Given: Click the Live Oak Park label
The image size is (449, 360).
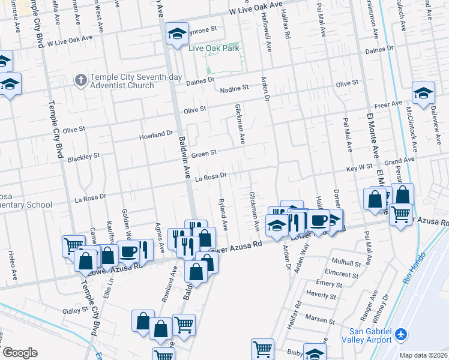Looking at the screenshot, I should [x=214, y=48].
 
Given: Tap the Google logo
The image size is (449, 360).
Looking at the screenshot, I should [x=19, y=352].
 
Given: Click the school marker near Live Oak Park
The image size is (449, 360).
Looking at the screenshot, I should [x=176, y=34].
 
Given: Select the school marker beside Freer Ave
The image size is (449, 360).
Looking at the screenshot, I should [x=423, y=93].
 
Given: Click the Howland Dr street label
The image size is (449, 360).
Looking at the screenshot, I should [x=156, y=136].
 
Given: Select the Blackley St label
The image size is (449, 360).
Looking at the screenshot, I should [x=83, y=157].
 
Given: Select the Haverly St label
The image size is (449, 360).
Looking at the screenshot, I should [x=321, y=295].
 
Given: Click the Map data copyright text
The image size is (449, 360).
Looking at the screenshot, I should [x=424, y=355].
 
